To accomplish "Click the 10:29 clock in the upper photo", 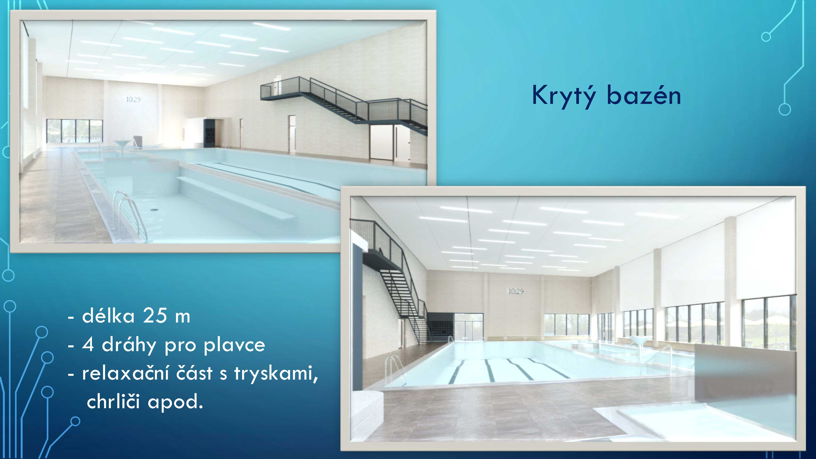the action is tap(133, 99).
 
